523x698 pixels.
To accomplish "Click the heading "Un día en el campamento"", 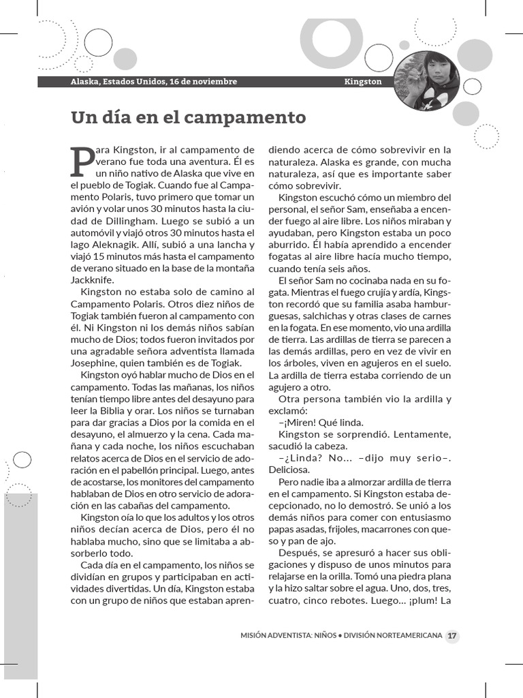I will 189,117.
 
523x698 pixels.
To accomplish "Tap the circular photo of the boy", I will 427,81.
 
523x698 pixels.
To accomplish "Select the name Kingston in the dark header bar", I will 363,82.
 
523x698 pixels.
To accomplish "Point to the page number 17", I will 452,637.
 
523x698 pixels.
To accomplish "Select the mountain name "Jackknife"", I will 93,279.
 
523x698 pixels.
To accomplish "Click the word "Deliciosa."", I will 289,469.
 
